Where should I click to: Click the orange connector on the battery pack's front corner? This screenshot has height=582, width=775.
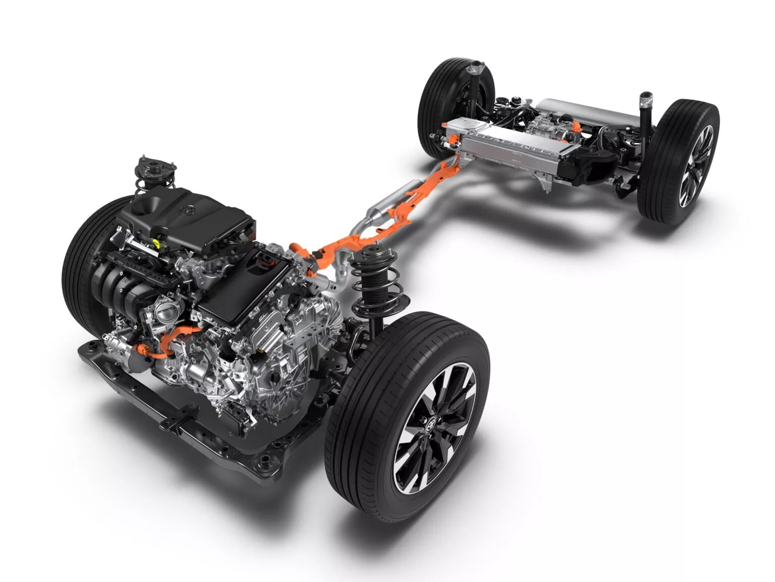(448, 125)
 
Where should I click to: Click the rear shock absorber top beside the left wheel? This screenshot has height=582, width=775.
(475, 68)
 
